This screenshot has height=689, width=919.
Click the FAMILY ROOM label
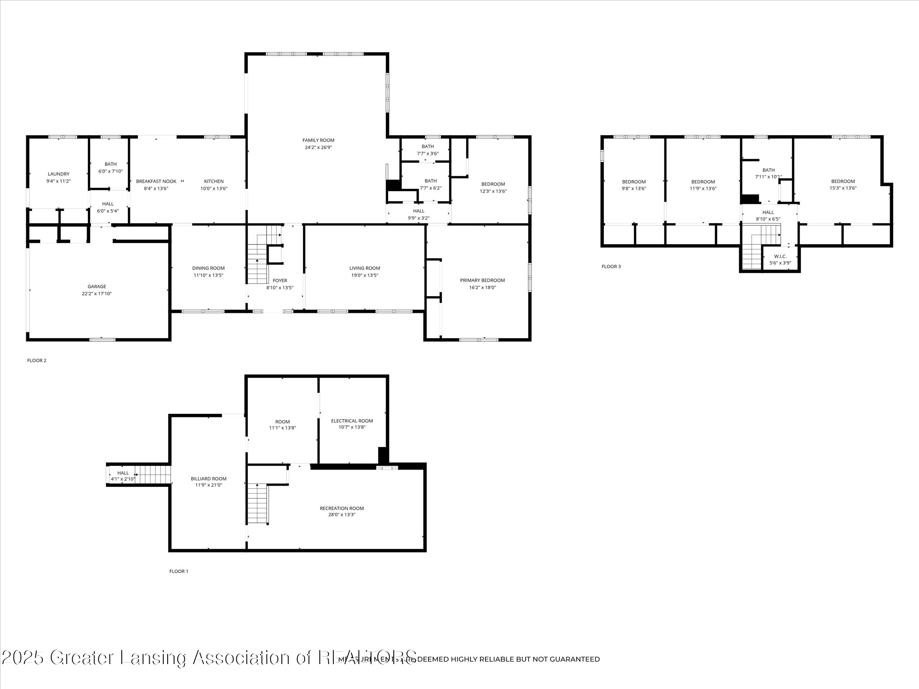point(318,140)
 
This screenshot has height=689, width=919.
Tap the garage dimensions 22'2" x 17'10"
point(97,294)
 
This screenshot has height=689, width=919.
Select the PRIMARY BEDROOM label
point(482,280)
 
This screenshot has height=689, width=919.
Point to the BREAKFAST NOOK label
point(156,182)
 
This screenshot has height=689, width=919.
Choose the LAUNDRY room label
point(59,174)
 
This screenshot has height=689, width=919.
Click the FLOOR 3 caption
point(611,266)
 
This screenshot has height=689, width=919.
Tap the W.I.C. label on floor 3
point(780,256)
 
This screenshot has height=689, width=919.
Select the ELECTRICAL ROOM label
point(352,421)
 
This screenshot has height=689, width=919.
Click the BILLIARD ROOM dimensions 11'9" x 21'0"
point(209,485)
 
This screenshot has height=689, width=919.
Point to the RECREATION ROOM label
point(342,508)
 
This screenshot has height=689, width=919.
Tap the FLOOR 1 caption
point(179,571)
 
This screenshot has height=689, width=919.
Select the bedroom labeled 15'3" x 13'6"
point(843,185)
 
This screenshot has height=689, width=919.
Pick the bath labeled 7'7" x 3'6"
point(428,150)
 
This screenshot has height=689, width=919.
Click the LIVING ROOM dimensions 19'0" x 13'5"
point(365,275)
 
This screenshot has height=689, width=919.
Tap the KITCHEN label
point(214,182)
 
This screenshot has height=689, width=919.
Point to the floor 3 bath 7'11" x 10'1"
point(768,174)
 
